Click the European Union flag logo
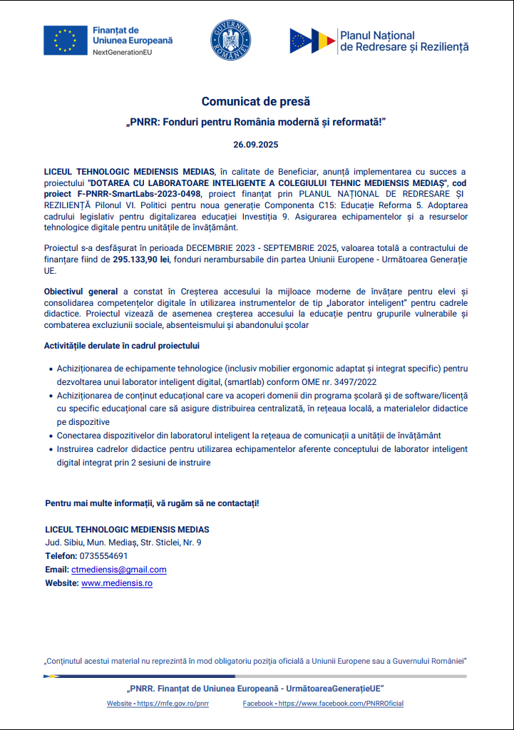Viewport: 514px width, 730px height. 65,40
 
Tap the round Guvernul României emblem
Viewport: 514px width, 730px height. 230,41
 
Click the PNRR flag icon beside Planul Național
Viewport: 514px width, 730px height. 312,41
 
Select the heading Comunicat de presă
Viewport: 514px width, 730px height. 256,101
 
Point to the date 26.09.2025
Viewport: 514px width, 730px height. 256,145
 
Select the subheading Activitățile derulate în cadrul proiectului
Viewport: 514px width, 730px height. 122,346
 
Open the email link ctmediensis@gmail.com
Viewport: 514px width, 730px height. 118,570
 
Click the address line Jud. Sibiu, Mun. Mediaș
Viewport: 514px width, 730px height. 123,543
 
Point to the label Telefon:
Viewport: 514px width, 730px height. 61,556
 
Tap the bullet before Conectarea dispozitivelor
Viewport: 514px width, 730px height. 49,435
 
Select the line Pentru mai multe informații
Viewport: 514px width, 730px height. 152,503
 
